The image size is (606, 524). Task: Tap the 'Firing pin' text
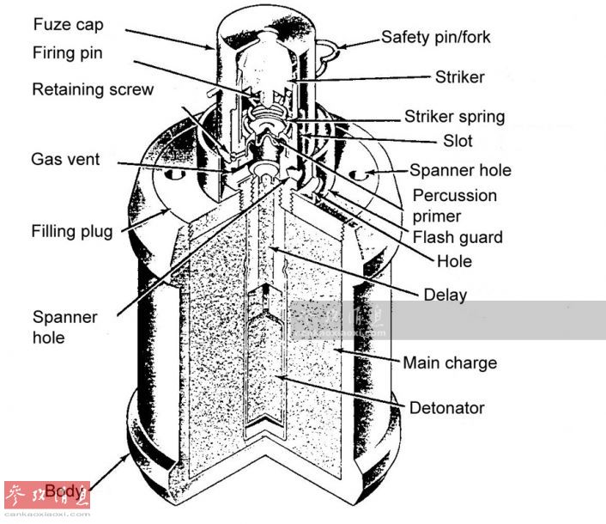point(68,53)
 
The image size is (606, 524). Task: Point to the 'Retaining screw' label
point(93,89)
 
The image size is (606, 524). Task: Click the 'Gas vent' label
point(65,159)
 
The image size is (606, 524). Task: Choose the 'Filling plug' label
point(72,231)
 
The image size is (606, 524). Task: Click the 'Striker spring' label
point(454,116)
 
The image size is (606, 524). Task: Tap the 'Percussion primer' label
point(454,205)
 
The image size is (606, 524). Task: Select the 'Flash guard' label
point(458,237)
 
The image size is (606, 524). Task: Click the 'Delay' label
point(445,296)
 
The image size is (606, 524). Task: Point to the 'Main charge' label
point(449,363)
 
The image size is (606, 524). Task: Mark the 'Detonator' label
point(446,408)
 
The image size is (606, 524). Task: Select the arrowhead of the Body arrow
point(130,455)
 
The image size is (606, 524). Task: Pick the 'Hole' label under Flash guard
point(454,260)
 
